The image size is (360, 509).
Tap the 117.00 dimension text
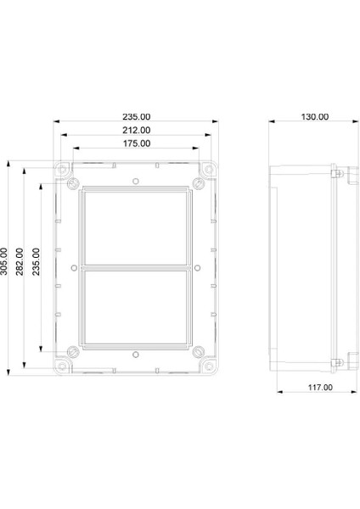point(318,387)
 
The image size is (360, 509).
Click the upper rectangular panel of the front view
point(136,227)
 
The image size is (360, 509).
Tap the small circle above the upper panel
point(135,181)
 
